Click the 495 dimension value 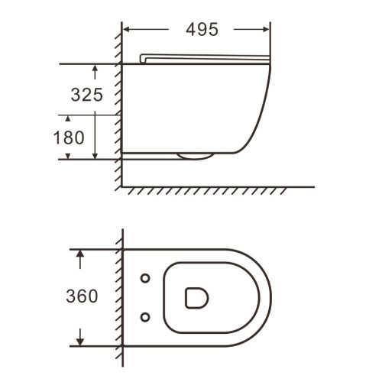pos(202,30)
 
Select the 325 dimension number pos(87,95)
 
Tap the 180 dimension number pos(69,138)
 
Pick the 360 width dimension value pos(82,296)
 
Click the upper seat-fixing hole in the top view pos(145,278)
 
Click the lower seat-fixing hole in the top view pos(145,317)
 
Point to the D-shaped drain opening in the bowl pos(196,298)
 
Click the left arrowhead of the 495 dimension pos(127,30)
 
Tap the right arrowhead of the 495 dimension pos(266,30)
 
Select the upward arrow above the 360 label pos(80,259)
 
